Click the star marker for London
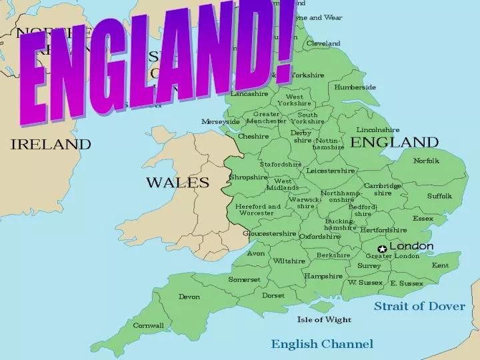[x=382, y=249]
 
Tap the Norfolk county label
[x=426, y=161]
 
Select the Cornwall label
[x=148, y=325]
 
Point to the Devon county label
[x=189, y=297]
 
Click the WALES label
[x=177, y=182]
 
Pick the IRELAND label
[x=51, y=143]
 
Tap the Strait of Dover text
[x=419, y=306]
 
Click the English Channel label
[x=321, y=344]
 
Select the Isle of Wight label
[x=324, y=319]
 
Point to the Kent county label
[x=440, y=265]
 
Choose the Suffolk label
[x=439, y=196]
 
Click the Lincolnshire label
[x=378, y=130]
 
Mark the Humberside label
[x=355, y=87]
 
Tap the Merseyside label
[x=221, y=122]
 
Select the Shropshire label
[x=248, y=177]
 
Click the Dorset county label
[x=273, y=295]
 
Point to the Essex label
[x=423, y=219]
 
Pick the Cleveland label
[x=323, y=43]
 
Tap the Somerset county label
[x=244, y=279]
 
